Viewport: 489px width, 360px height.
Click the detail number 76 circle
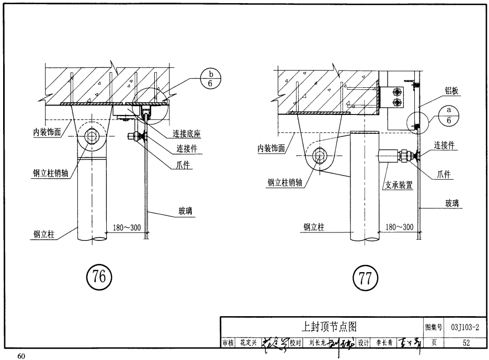click(99, 277)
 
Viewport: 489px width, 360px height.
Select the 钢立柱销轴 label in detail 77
click(285, 182)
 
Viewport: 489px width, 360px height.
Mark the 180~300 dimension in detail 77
click(399, 227)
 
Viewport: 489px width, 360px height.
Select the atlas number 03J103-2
click(464, 327)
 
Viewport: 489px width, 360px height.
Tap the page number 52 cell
click(465, 343)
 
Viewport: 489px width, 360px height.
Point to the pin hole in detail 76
click(92, 138)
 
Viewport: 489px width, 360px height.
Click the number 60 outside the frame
click(21, 356)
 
